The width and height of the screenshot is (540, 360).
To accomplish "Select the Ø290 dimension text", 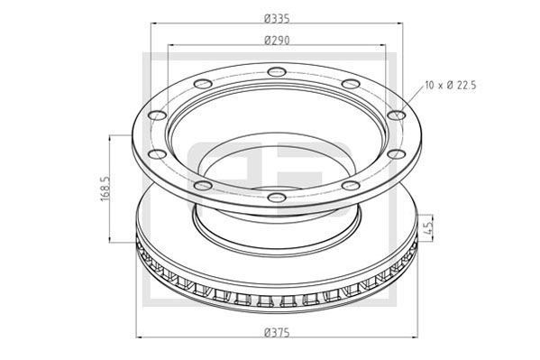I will [x=276, y=40].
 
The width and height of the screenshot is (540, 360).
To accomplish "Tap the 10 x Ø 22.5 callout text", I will [x=450, y=87].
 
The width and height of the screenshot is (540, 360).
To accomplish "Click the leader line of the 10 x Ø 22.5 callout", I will [x=410, y=101].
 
